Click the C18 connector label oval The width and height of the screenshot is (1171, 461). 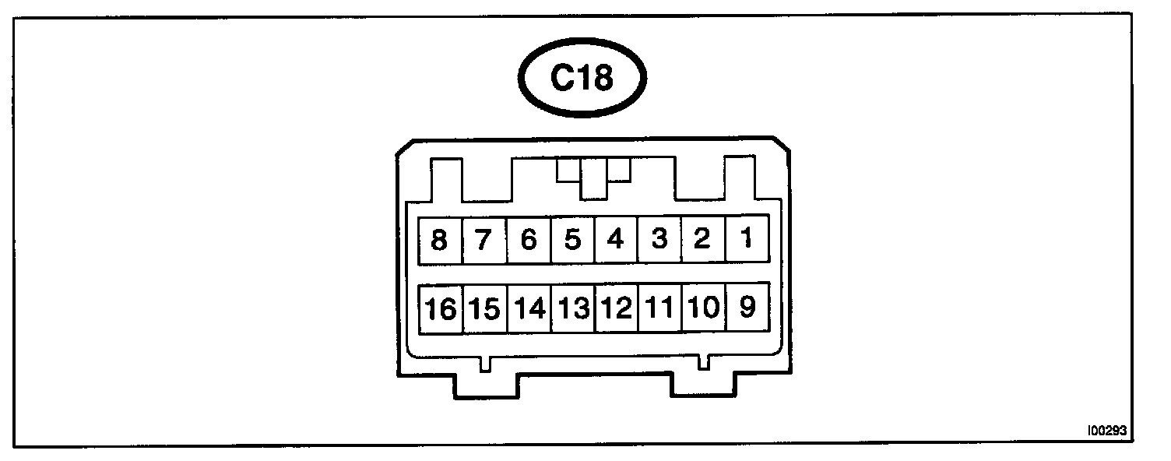582,78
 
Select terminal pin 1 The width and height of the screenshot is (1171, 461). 747,239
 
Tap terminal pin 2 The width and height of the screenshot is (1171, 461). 702,239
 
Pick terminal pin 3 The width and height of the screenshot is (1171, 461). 659,239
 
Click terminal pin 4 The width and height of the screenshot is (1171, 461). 616,239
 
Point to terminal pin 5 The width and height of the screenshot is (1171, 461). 572,239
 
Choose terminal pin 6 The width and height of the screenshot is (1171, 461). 529,239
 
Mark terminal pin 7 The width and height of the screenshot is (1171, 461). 484,239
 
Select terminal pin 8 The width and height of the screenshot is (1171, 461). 440,239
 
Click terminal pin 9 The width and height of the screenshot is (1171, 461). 747,308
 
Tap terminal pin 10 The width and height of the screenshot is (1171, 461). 702,308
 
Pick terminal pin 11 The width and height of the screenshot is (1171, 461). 659,308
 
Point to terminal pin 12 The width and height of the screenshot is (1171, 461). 616,308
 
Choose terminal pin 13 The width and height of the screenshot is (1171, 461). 572,308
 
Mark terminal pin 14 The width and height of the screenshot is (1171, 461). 529,308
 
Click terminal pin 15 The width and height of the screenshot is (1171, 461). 484,308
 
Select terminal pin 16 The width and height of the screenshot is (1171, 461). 441,308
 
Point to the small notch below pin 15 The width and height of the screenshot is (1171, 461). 485,363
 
